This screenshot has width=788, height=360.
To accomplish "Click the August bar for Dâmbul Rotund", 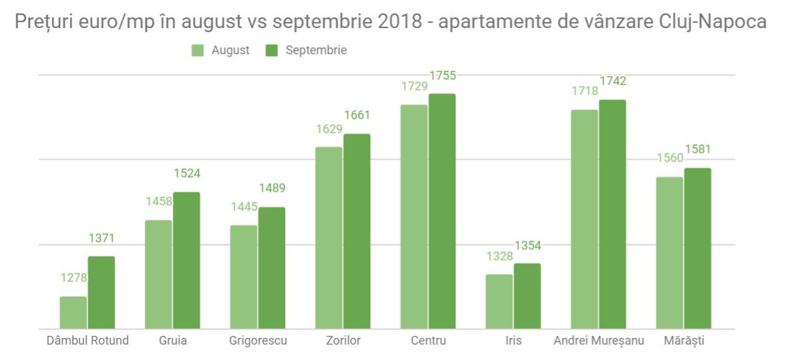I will click(73, 313).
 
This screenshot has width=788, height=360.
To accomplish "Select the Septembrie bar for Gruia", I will click(186, 260).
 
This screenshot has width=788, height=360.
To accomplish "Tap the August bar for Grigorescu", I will click(244, 277).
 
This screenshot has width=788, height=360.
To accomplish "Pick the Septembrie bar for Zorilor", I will click(357, 231).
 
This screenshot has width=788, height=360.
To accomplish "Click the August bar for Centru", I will click(414, 216).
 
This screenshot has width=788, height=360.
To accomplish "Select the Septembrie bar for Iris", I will click(527, 296).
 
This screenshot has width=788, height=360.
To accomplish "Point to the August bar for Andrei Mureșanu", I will click(584, 219).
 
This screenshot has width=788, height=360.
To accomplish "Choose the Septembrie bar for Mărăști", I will click(697, 248).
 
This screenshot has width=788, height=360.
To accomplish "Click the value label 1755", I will click(442, 76).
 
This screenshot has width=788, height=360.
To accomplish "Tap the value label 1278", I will click(73, 277).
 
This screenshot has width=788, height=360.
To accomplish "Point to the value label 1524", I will click(187, 174).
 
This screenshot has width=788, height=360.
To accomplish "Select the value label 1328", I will click(500, 256).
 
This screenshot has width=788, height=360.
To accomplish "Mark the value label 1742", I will click(612, 81).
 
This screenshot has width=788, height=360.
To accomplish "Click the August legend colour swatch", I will click(198, 51).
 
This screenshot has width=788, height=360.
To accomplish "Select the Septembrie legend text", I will click(316, 51).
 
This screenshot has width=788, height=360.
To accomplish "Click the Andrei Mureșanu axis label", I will click(599, 341).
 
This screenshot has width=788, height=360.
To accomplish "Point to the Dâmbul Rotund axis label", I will click(87, 341).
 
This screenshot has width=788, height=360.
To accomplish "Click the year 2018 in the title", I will click(396, 21).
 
